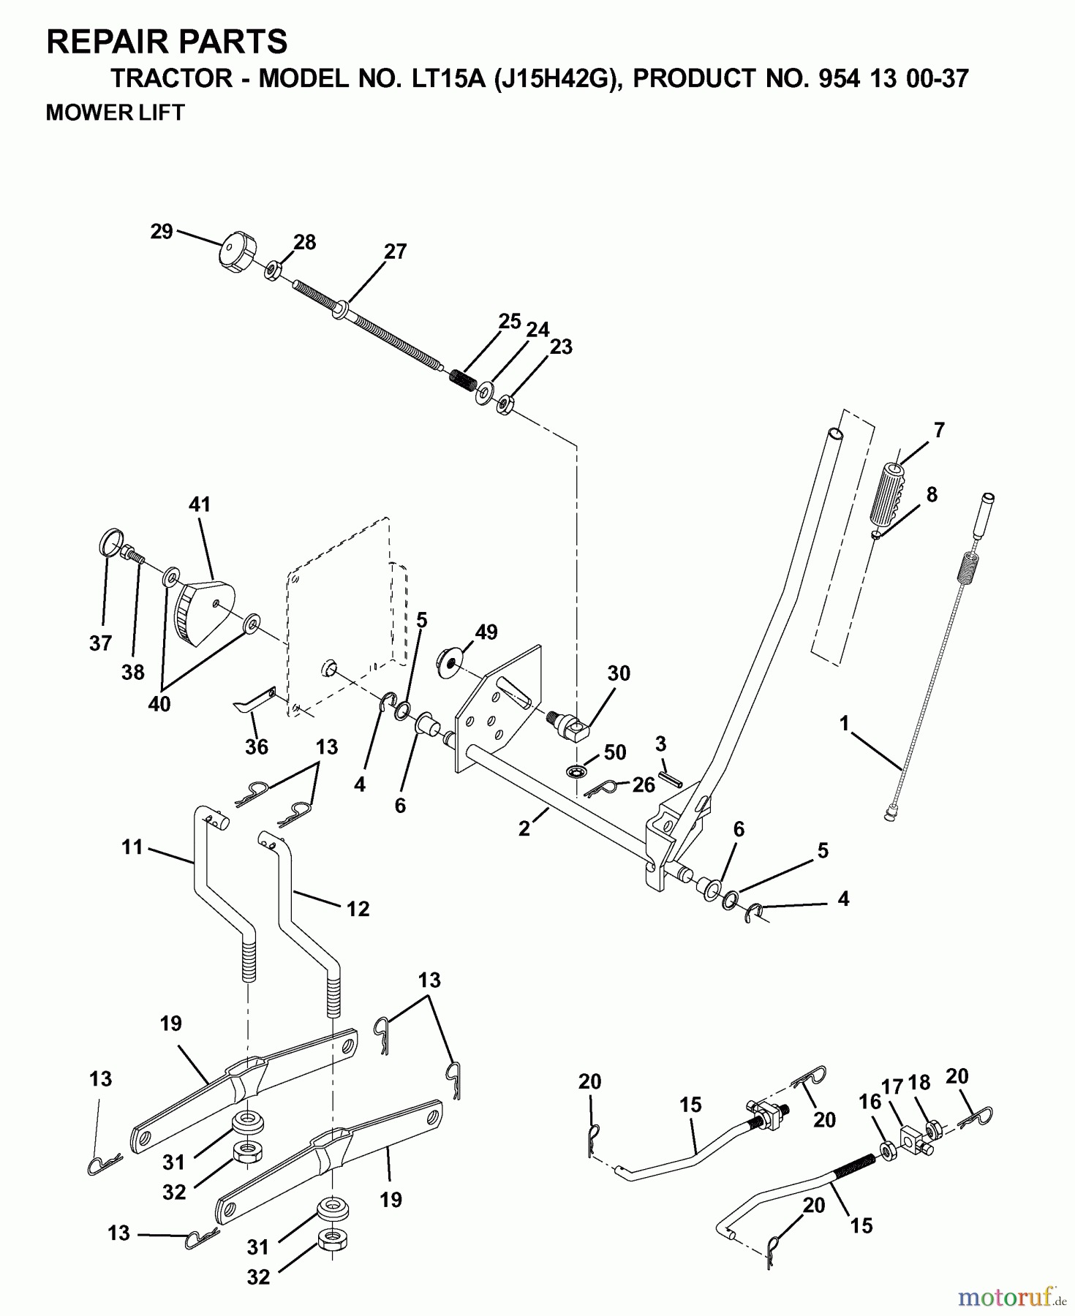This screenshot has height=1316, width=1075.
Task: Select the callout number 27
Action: (395, 252)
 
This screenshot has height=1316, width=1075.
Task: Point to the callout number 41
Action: (200, 504)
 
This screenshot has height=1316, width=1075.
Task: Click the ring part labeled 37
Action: (107, 542)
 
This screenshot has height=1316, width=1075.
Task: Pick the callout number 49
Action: (486, 632)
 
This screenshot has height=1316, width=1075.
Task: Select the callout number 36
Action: (256, 746)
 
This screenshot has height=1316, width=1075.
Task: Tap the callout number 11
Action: (132, 847)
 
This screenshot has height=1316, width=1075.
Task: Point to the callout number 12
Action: (358, 909)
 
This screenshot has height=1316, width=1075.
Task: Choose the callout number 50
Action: (615, 752)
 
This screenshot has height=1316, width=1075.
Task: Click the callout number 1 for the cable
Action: (844, 724)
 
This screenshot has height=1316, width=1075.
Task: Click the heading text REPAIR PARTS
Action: (167, 42)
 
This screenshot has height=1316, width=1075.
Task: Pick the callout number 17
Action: (892, 1087)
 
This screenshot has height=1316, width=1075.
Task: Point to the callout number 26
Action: (644, 785)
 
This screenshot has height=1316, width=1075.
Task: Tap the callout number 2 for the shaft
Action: (524, 829)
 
